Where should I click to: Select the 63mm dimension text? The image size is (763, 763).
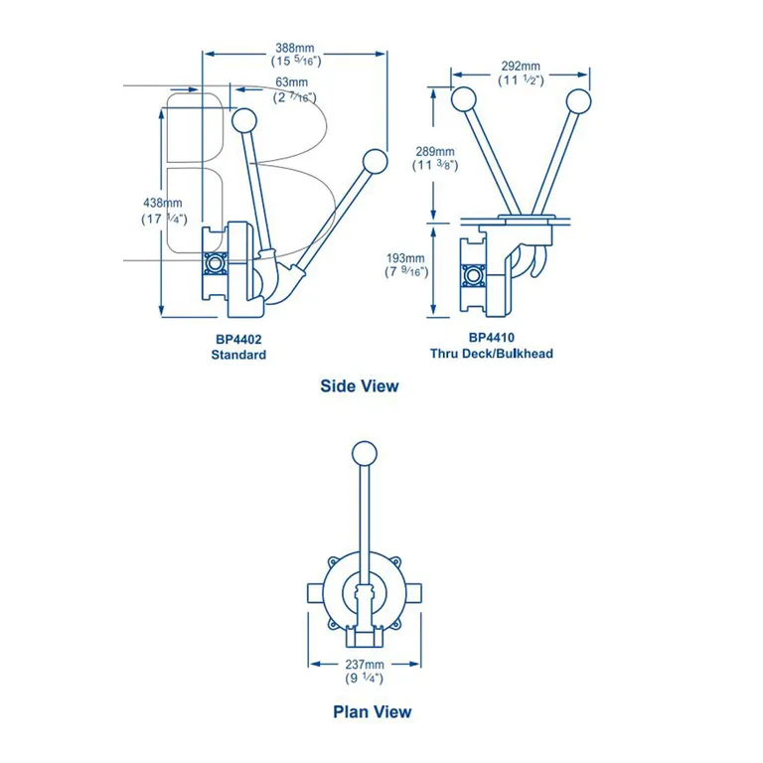[291, 81]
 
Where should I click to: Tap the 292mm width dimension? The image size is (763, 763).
[521, 66]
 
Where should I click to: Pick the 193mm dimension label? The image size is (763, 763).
[405, 257]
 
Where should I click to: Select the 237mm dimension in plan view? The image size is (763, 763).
[365, 664]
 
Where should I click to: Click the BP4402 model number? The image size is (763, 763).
[238, 339]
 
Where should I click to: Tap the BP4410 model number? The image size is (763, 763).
[491, 338]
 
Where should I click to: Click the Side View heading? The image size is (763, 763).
[359, 385]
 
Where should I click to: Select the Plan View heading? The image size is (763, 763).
[372, 711]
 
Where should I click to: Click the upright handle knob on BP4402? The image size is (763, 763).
[242, 120]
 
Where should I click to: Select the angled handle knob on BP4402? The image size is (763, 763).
[374, 162]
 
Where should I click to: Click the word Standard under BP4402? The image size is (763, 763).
[238, 355]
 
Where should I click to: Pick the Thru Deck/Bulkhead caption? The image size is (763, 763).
[491, 354]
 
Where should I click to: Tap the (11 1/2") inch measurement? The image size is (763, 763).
[521, 80]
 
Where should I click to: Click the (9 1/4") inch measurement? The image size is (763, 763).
[365, 679]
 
